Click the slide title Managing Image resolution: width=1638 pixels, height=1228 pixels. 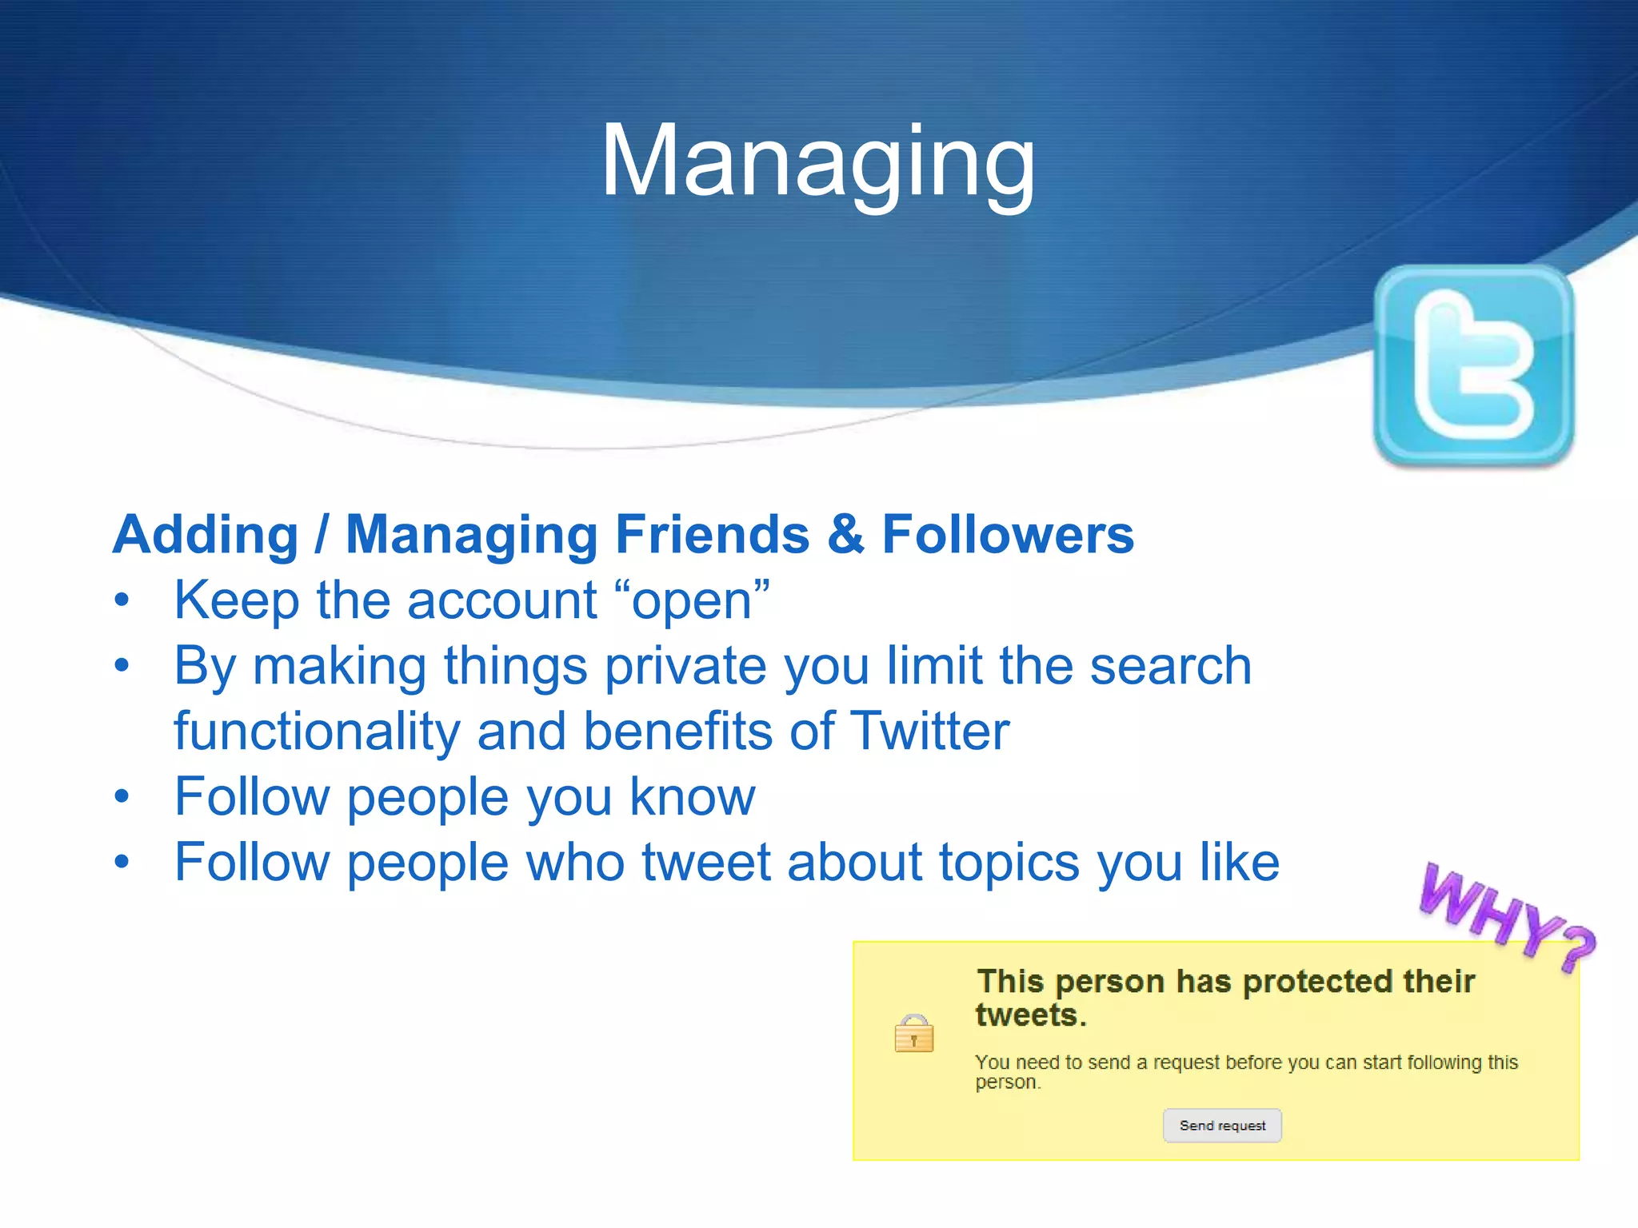tap(817, 161)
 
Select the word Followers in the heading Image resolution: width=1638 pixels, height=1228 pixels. tap(1008, 534)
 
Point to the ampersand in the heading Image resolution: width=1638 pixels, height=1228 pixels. tap(845, 534)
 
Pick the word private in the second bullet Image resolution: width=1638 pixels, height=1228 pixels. tap(685, 667)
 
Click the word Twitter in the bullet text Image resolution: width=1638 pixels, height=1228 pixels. tap(929, 731)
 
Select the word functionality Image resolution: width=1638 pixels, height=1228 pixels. tap(318, 731)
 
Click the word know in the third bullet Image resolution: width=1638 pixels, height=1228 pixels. tap(692, 796)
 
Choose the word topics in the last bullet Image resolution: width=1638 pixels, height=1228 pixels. tap(1009, 863)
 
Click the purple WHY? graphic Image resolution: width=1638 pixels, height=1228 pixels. tap(1507, 918)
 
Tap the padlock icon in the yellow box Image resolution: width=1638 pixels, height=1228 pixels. tap(913, 1034)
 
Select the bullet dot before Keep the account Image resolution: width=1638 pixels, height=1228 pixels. tap(122, 600)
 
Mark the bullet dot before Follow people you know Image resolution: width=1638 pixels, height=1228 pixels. tap(122, 796)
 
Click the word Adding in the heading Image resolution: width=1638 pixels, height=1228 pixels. tap(206, 534)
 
